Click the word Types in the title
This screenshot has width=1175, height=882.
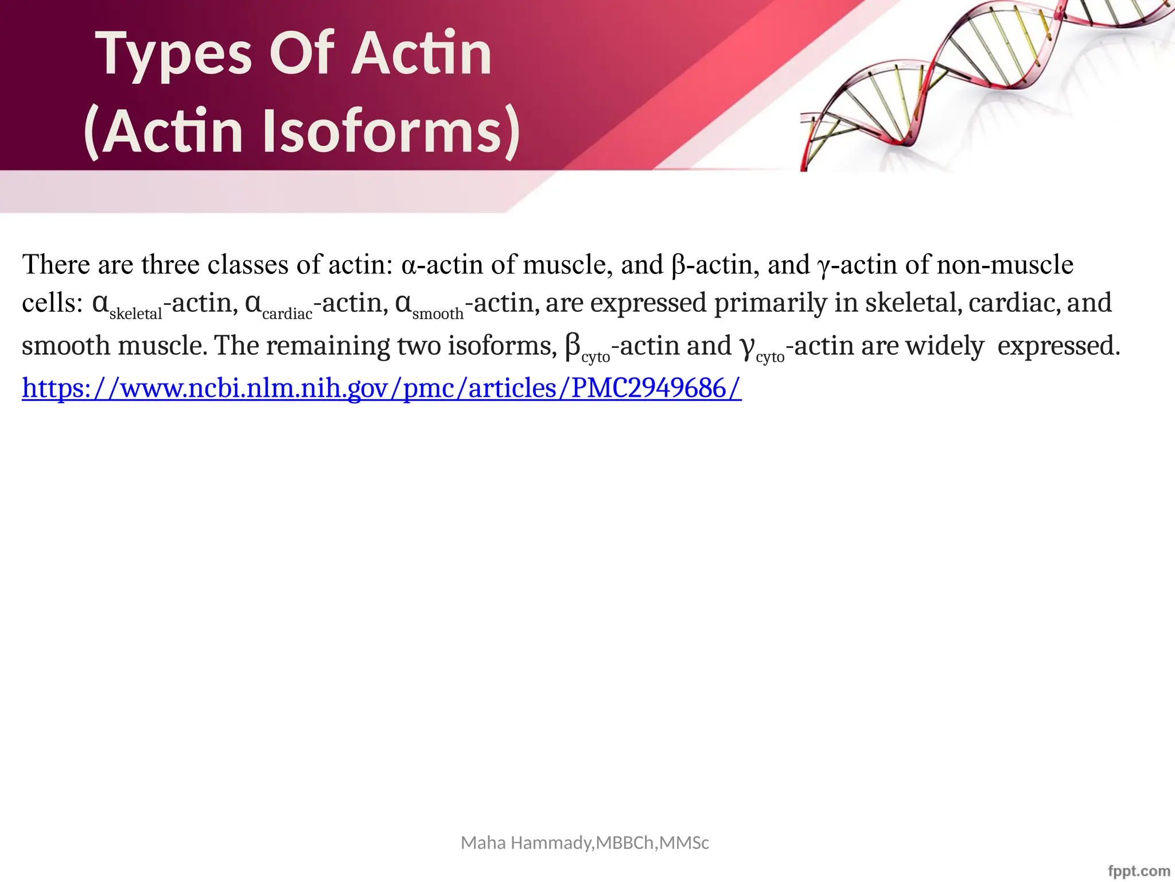[x=176, y=55]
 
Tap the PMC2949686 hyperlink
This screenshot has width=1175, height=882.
[x=382, y=388]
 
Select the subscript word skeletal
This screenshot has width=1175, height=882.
[x=136, y=314]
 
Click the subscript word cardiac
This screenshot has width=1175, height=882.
[x=287, y=314]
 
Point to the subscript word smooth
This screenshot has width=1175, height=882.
[x=438, y=314]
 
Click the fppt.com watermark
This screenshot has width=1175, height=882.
[x=1138, y=871]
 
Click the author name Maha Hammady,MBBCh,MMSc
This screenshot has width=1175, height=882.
[x=585, y=842]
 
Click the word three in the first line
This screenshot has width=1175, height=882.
[x=170, y=265]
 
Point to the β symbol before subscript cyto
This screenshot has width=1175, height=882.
[x=573, y=346]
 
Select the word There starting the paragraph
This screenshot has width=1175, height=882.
[x=56, y=265]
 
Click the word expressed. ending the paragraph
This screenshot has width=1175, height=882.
[x=1059, y=346]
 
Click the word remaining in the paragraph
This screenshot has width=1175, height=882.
[x=325, y=346]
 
